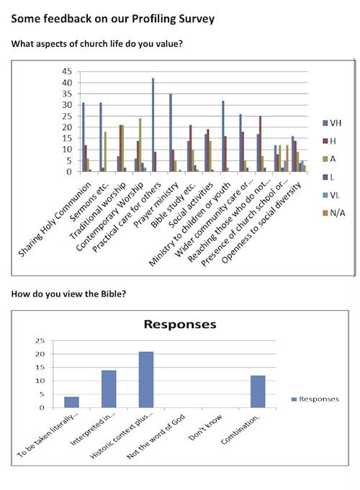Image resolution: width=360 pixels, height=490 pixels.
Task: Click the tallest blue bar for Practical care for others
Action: pos(153,125)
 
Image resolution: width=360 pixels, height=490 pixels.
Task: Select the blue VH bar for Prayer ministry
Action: pos(171,133)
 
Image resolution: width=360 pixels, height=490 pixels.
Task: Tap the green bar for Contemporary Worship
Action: pos(140,145)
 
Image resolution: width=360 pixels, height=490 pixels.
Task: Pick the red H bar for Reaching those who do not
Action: pos(260,144)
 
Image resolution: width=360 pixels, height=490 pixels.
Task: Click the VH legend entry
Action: pos(332,123)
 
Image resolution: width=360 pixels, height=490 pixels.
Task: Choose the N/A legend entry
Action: pos(334,213)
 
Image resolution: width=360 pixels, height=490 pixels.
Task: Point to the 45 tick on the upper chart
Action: pos(67,71)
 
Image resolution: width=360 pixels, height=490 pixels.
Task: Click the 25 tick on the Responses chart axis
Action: pos(40,340)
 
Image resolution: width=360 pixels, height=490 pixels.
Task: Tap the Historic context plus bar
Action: pos(146,380)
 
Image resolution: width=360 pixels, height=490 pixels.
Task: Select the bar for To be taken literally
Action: pos(71,402)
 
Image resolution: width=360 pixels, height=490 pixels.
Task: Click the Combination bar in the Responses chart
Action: pos(258,392)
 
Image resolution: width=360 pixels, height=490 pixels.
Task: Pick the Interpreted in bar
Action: pos(109,389)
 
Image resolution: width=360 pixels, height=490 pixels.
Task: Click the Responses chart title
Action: pos(180,325)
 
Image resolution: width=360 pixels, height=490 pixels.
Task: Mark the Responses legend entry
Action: pos(315,399)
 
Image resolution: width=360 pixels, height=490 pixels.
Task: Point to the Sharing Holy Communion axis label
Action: pos(55,220)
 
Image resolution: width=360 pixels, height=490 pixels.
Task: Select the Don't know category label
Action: pos(205,427)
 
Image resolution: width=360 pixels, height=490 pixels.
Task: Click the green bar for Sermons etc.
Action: pos(105,152)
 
